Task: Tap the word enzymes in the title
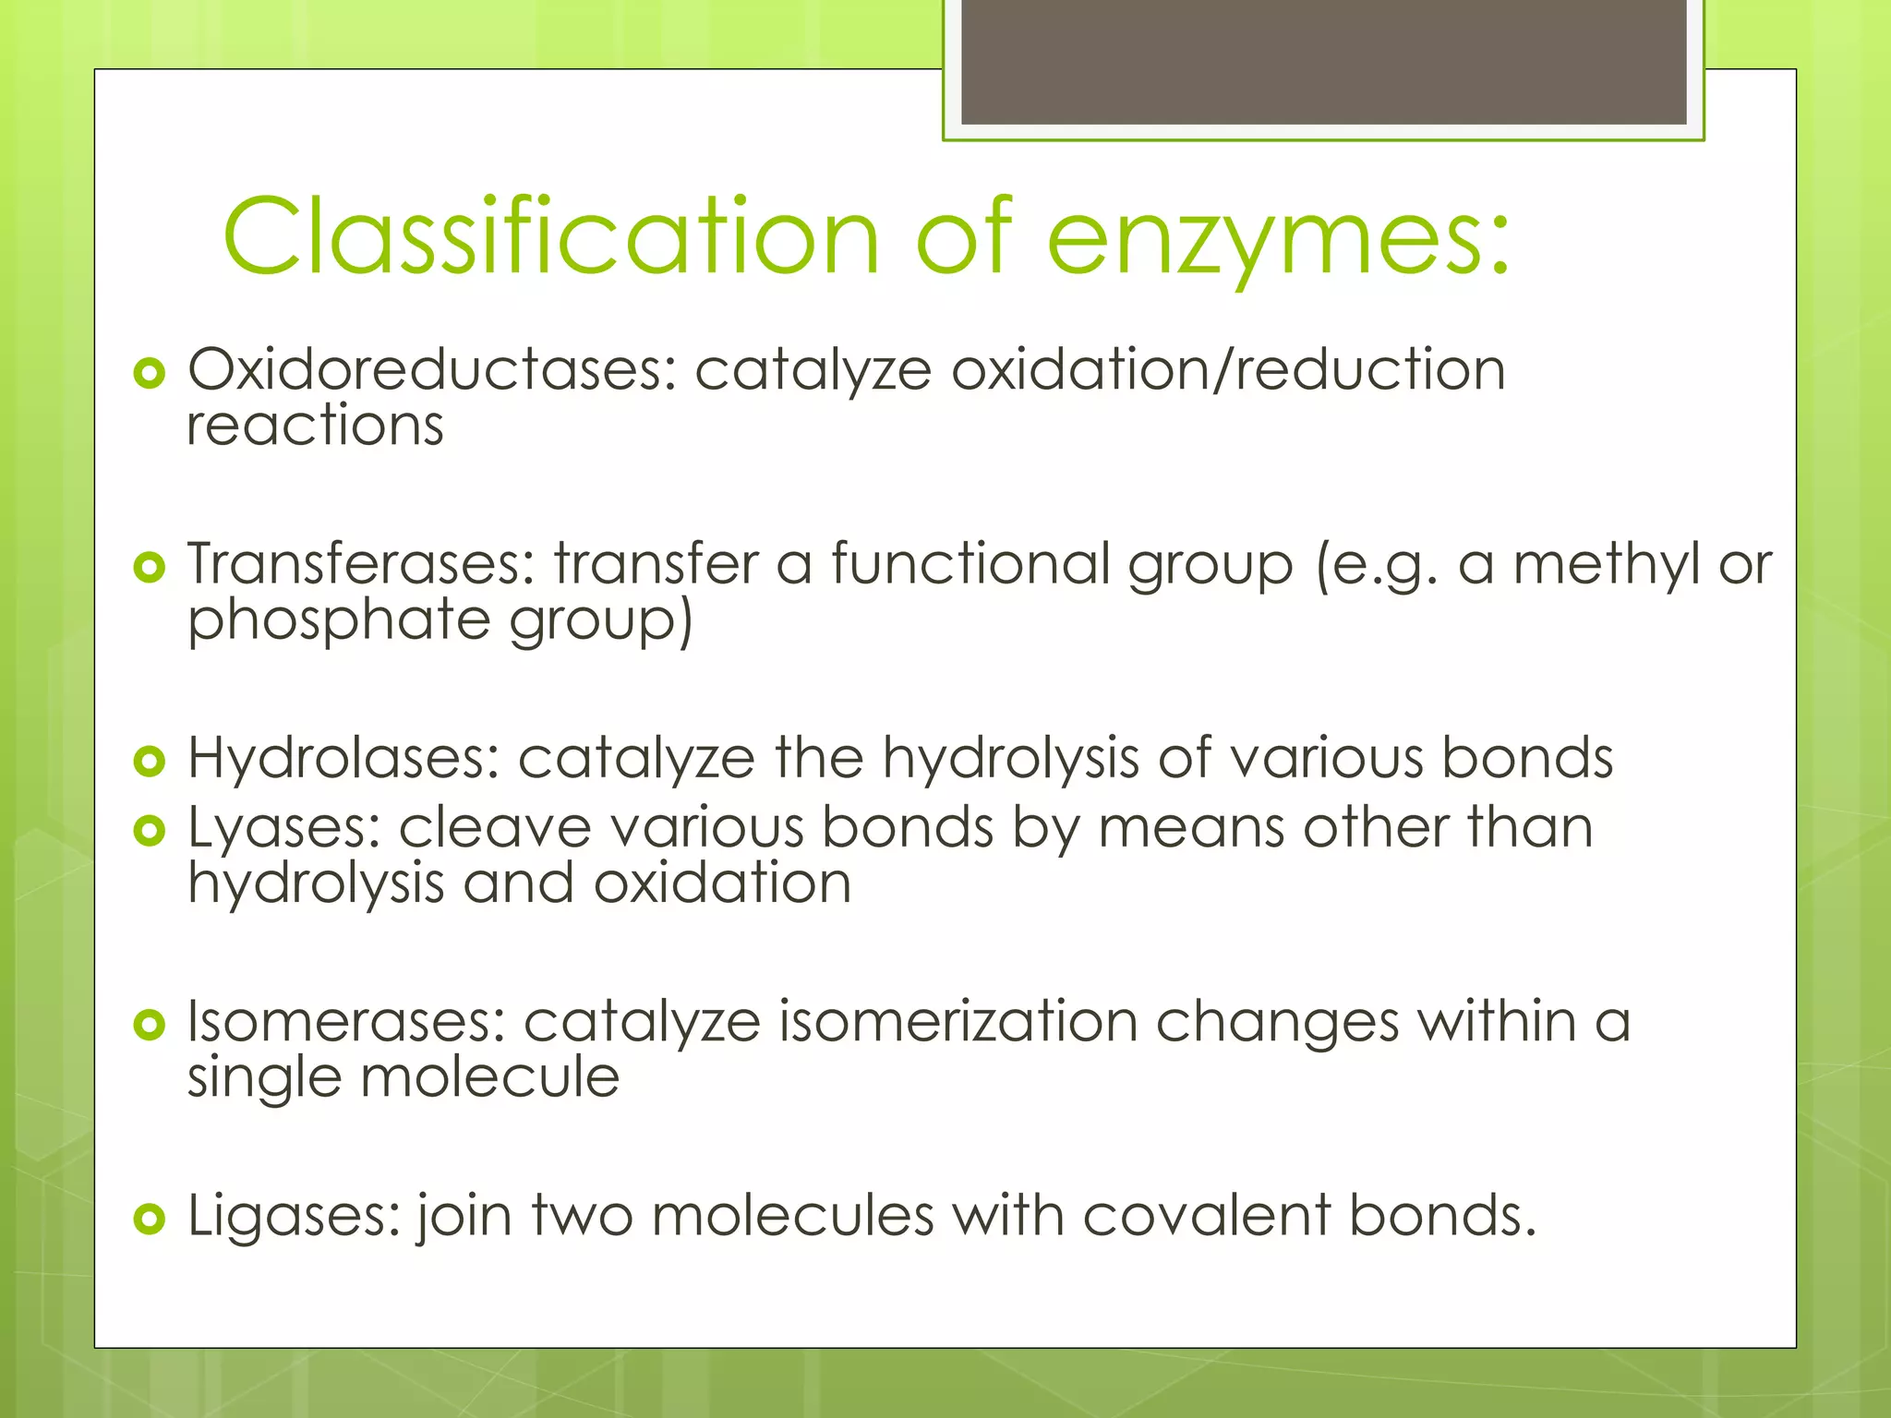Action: pos(1278,238)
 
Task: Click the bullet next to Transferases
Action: pos(149,567)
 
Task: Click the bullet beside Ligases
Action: pos(149,1219)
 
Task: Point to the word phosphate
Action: pos(338,621)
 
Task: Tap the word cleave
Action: pos(494,827)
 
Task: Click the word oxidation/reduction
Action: pos(1228,369)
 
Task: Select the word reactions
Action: pos(315,427)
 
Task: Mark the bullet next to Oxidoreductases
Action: pos(149,373)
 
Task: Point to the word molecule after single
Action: pos(489,1077)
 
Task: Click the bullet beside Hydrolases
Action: pos(149,761)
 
